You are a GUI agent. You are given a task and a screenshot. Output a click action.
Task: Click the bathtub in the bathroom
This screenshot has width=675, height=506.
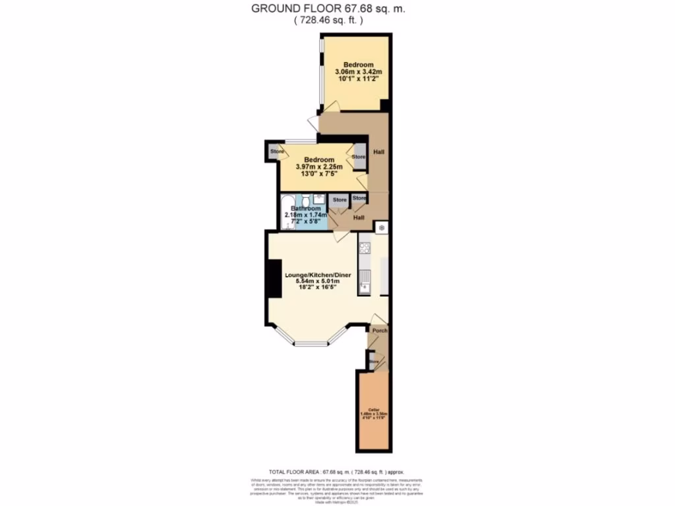287,211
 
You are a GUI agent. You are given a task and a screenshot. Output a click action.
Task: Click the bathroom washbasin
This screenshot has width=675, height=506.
318,198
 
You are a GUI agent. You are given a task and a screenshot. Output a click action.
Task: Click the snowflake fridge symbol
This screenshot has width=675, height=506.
381,227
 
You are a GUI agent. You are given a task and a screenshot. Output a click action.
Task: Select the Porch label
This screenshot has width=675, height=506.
379,330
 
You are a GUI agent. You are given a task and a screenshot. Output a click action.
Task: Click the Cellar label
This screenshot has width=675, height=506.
373,409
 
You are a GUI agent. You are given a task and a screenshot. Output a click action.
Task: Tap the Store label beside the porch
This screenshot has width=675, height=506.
374,362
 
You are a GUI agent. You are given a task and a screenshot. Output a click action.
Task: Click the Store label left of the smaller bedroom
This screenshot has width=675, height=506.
277,152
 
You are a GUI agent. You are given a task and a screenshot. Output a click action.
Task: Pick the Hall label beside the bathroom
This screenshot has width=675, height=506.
359,217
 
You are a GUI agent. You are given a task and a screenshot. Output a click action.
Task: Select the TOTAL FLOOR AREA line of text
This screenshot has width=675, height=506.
337,472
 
